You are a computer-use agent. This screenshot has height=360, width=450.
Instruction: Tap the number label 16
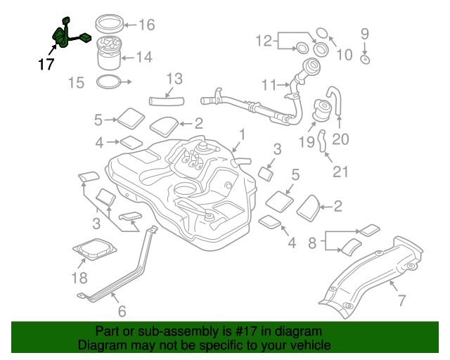point(146,25)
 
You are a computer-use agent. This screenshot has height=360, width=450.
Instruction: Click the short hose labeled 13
point(165,102)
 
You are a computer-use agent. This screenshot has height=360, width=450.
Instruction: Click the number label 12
point(263,40)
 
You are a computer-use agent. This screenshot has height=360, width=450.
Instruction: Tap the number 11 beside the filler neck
point(269,85)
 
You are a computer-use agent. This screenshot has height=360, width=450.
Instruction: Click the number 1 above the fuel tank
point(241,133)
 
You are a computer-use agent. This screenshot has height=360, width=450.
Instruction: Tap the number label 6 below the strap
point(122,311)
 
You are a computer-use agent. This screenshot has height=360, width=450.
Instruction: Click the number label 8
point(312,243)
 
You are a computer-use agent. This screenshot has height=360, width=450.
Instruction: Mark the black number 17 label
point(46,65)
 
